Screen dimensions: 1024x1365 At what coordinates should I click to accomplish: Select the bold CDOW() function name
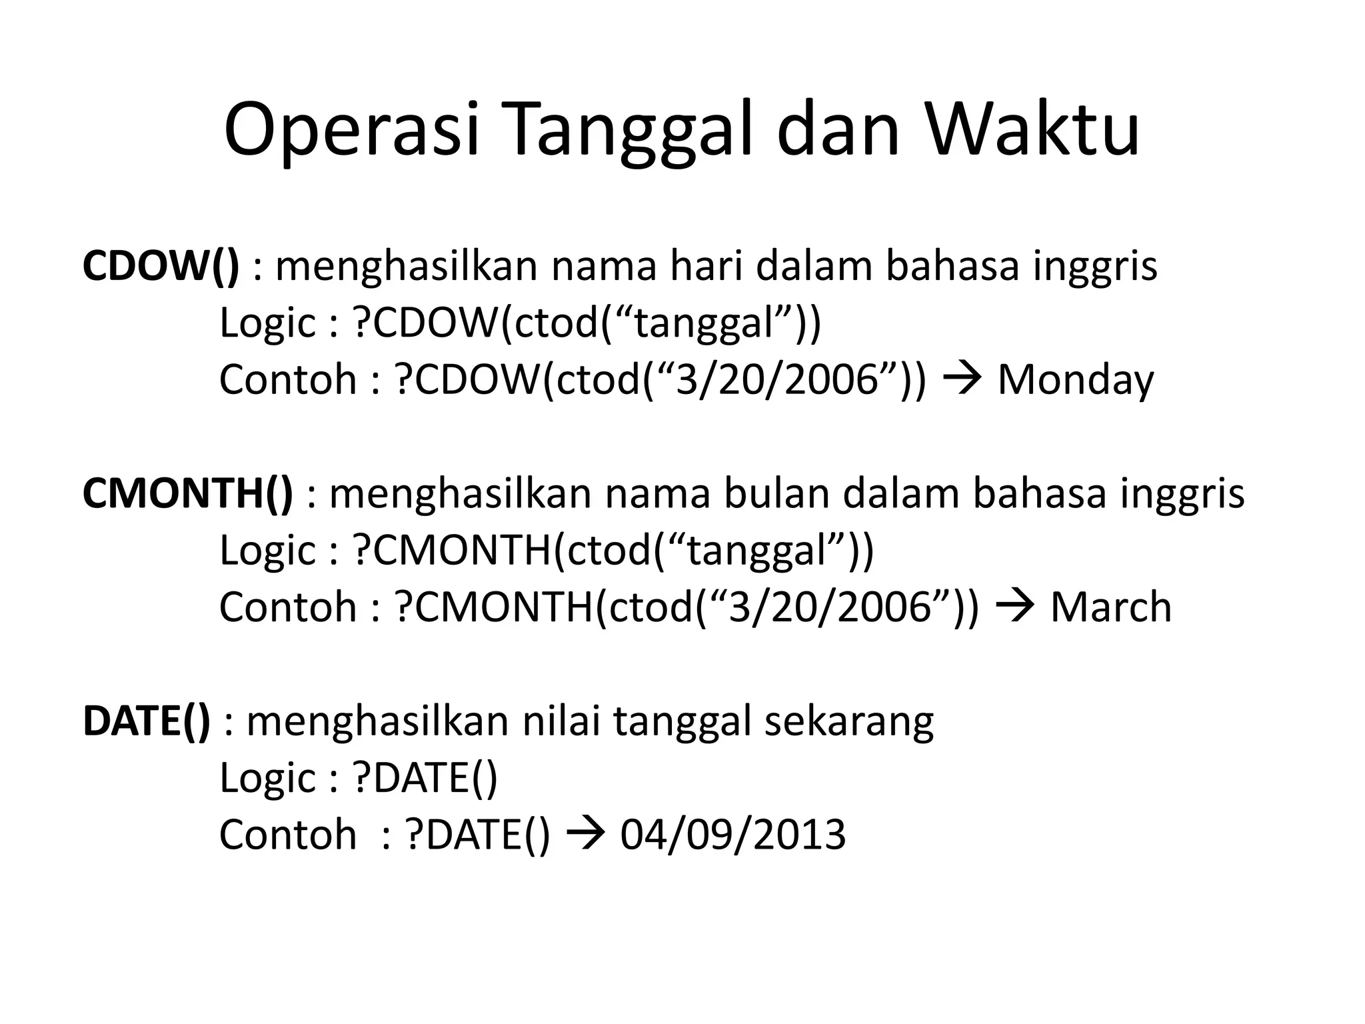click(161, 265)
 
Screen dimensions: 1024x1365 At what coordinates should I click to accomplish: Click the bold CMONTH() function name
click(187, 493)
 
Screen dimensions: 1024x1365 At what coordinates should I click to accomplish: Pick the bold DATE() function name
click(146, 721)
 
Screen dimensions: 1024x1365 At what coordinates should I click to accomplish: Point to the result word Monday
click(1075, 379)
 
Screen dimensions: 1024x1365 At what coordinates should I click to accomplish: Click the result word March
click(1110, 607)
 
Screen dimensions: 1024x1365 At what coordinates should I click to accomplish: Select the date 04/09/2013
click(732, 834)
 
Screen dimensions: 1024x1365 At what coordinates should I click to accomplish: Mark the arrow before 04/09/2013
click(585, 834)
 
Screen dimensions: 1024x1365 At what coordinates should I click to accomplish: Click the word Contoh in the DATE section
click(288, 834)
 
